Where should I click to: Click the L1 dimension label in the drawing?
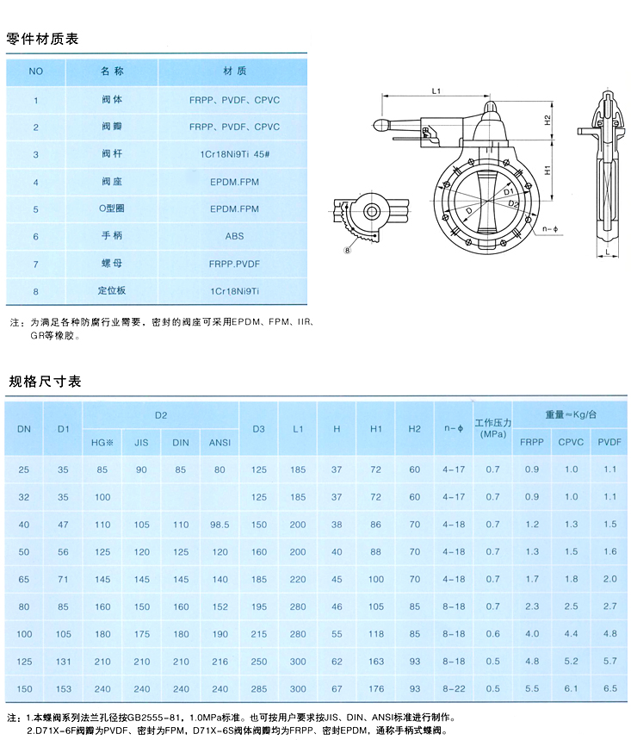coord(436,90)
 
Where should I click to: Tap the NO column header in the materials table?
coord(36,71)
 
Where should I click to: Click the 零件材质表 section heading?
coord(43,38)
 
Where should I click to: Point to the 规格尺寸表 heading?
coord(45,381)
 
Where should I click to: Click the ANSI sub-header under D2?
coord(220,443)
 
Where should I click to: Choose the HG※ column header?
coord(102,443)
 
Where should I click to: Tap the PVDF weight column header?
coord(609,443)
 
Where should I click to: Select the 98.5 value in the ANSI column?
coord(220,525)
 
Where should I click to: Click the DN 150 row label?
coord(23,689)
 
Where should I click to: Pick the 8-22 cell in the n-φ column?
coord(454,689)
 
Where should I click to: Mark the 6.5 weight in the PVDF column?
coord(610,689)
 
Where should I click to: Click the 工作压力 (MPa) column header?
coord(492,428)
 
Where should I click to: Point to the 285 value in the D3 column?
coord(259,689)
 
